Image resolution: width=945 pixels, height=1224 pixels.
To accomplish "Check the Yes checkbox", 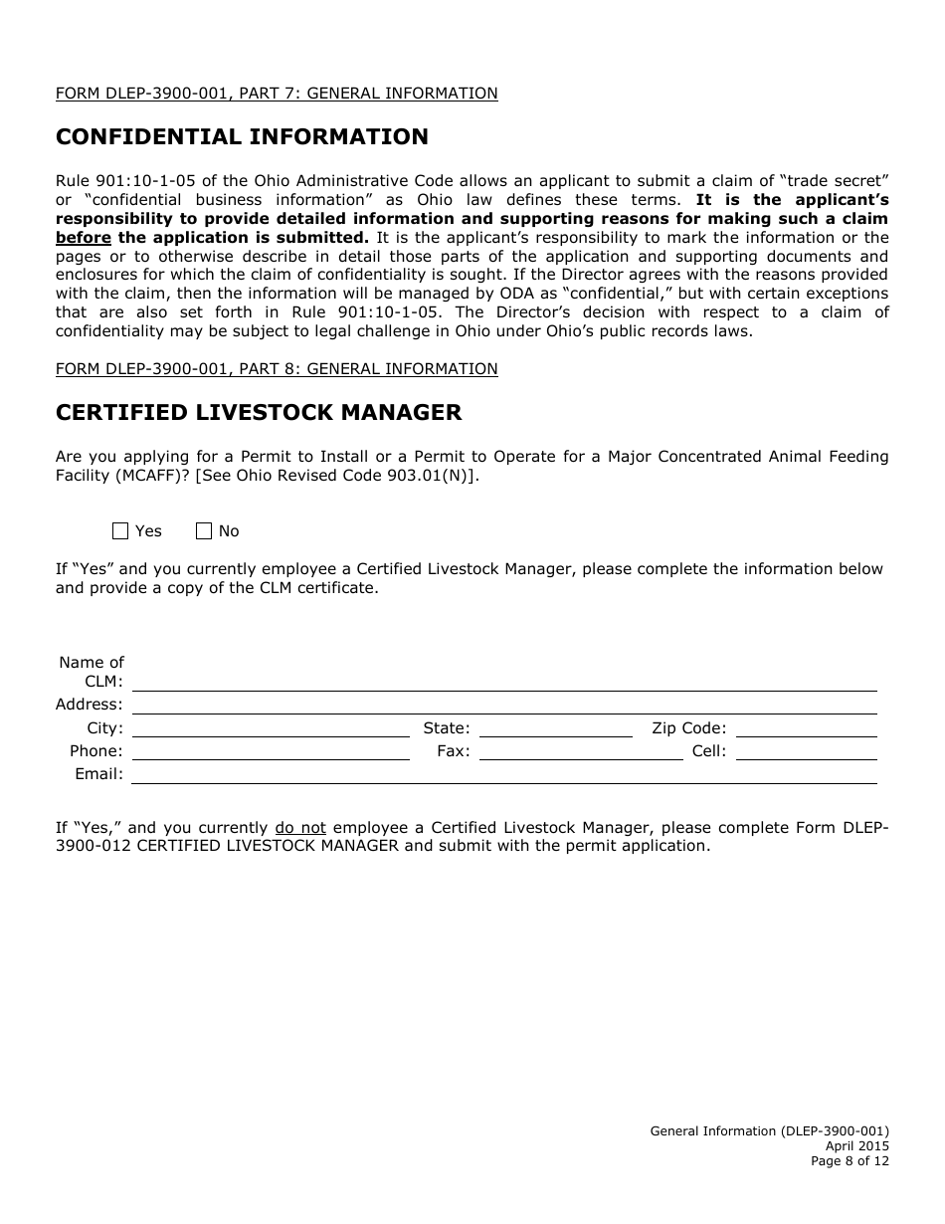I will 120,531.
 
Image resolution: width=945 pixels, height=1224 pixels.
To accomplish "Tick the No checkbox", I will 204,531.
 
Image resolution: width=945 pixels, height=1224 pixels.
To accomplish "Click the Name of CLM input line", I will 504,682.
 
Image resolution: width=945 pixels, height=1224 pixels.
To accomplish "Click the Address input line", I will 504,705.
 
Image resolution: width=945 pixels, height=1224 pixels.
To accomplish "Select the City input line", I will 271,727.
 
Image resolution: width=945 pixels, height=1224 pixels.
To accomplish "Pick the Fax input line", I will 581,751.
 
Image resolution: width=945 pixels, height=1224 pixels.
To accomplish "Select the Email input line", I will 504,774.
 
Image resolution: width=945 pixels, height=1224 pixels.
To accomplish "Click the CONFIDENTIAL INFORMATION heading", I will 242,137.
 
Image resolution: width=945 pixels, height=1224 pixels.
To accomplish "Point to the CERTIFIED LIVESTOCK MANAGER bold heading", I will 259,412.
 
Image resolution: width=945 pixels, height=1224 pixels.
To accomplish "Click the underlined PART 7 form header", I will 277,94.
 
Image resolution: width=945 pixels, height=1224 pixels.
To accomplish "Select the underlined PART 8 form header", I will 277,369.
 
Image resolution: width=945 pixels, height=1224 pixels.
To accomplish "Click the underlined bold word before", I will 84,238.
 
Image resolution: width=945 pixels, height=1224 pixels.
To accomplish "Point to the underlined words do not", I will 300,828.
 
